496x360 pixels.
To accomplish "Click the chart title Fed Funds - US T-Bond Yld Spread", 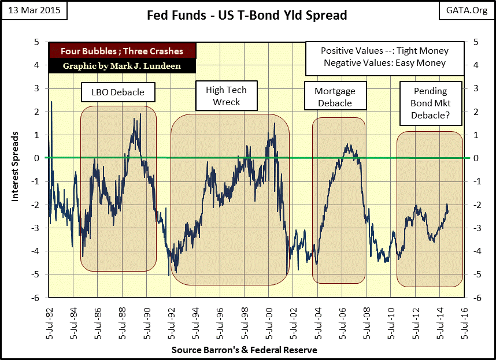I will pyautogui.click(x=247, y=15).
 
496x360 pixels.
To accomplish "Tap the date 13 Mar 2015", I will pyautogui.click(x=34, y=10).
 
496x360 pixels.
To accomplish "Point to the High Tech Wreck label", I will pyautogui.click(x=226, y=96).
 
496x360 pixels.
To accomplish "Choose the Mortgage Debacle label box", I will pyautogui.click(x=335, y=98).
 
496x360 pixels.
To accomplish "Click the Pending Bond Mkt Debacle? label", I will pyautogui.click(x=430, y=103).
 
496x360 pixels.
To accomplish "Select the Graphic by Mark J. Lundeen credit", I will pyautogui.click(x=123, y=66).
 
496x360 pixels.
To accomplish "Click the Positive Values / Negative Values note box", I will pyautogui.click(x=384, y=57).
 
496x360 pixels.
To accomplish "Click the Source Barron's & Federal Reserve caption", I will pyautogui.click(x=244, y=350).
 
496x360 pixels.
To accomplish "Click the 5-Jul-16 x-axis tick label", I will pyautogui.click(x=465, y=323).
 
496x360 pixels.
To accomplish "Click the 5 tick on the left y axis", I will pyautogui.click(x=36, y=42).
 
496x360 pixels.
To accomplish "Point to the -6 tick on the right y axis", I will pyautogui.click(x=476, y=298).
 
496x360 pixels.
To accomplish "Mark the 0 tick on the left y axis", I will pyautogui.click(x=36, y=158).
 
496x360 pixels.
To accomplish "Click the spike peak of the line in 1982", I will pyautogui.click(x=51, y=102).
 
